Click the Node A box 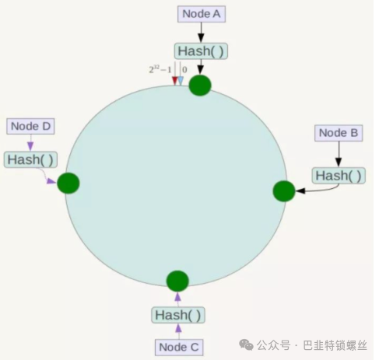pyautogui.click(x=202, y=14)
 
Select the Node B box pyautogui.click(x=339, y=133)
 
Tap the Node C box pyautogui.click(x=179, y=348)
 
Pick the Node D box pyautogui.click(x=30, y=127)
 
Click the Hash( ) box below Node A pyautogui.click(x=201, y=51)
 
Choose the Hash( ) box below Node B pyautogui.click(x=339, y=176)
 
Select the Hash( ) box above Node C pyautogui.click(x=178, y=315)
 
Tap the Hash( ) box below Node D pyautogui.click(x=30, y=159)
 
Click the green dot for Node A pyautogui.click(x=200, y=86)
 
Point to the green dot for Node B pyautogui.click(x=284, y=191)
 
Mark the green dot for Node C pyautogui.click(x=177, y=281)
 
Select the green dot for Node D pyautogui.click(x=68, y=183)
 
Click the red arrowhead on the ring pyautogui.click(x=175, y=81)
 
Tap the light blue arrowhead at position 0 pyautogui.click(x=181, y=81)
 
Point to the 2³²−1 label pyautogui.click(x=160, y=69)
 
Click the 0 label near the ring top pyautogui.click(x=184, y=70)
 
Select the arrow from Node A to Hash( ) pyautogui.click(x=201, y=33)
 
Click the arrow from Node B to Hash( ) pyautogui.click(x=339, y=155)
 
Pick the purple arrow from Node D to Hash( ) pyautogui.click(x=30, y=143)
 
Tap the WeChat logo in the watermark pyautogui.click(x=246, y=344)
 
